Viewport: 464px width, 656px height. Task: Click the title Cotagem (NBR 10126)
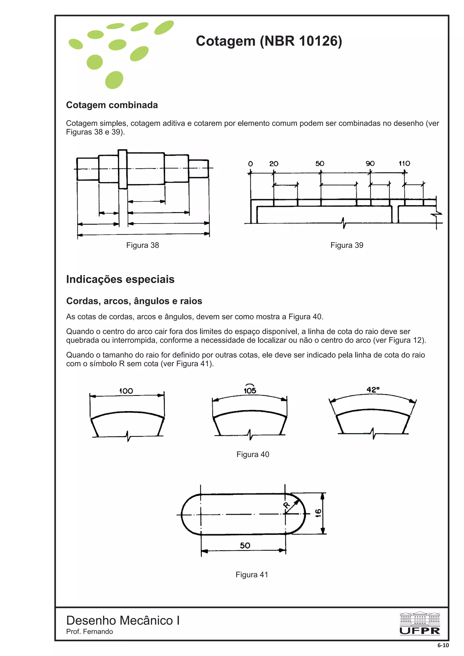269,41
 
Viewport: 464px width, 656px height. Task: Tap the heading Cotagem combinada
112,105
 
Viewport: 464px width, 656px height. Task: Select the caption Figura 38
142,245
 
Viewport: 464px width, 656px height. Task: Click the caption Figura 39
346,245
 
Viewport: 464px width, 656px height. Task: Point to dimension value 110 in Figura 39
404,163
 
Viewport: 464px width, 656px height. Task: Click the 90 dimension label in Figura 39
370,163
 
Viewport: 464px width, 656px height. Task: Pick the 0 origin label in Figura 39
250,164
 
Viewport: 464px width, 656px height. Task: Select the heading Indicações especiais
120,279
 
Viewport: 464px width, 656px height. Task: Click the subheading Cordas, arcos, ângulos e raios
134,301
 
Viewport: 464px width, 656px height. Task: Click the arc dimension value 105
250,390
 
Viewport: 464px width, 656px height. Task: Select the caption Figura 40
253,454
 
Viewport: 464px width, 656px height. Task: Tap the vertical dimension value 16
318,513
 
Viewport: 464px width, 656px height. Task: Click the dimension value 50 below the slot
245,546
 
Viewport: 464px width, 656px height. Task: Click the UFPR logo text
419,631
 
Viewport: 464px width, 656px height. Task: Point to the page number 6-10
443,645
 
